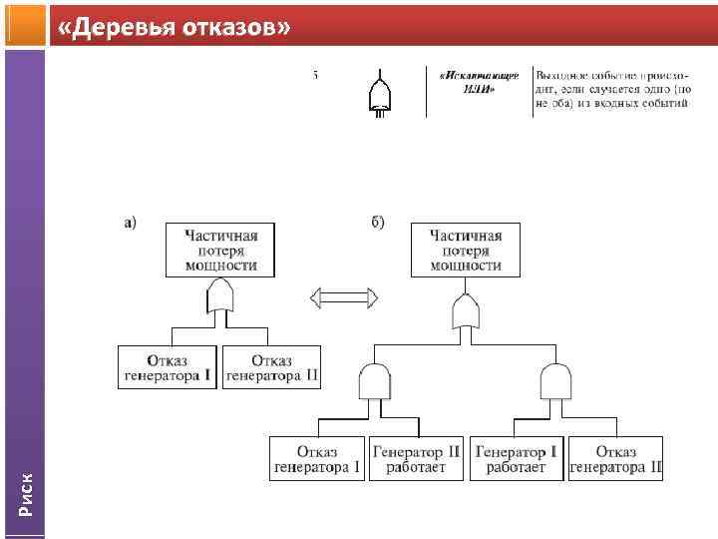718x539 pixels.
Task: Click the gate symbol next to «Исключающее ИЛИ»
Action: [x=380, y=94]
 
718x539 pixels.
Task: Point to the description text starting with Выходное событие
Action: [x=610, y=89]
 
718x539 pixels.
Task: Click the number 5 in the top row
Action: [x=316, y=75]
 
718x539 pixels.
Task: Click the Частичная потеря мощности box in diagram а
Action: [x=220, y=251]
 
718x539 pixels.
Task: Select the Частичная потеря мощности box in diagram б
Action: [x=466, y=251]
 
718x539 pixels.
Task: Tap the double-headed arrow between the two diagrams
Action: [x=343, y=296]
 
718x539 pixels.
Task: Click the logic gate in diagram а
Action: [x=220, y=297]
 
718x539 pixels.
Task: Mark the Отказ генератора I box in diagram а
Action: [x=168, y=367]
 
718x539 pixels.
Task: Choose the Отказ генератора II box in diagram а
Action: [x=272, y=367]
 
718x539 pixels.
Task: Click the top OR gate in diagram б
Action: [x=466, y=313]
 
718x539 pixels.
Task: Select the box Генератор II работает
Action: [x=417, y=458]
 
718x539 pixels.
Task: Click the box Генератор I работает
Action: [x=517, y=458]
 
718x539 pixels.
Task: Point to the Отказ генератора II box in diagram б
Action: [x=615, y=458]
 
